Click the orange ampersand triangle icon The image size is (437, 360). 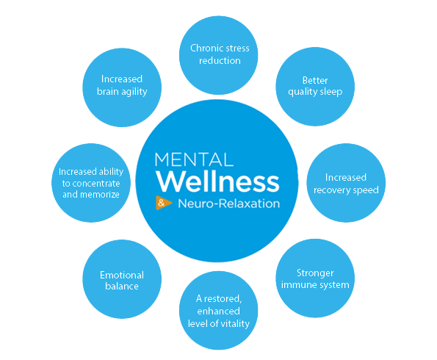163,203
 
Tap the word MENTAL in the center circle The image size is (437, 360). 194,159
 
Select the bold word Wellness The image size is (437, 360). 217,181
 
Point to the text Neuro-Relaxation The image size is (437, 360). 229,204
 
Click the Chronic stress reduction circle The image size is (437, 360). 219,55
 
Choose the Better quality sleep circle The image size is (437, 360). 315,87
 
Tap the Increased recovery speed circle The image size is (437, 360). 346,183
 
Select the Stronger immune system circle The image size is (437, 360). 315,278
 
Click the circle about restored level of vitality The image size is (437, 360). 219,310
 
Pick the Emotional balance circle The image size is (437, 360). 122,279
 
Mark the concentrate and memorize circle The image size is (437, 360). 91,183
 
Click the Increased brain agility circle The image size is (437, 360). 122,87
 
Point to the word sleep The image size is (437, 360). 332,92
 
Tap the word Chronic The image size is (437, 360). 203,48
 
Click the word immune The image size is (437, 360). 296,285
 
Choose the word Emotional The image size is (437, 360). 122,276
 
